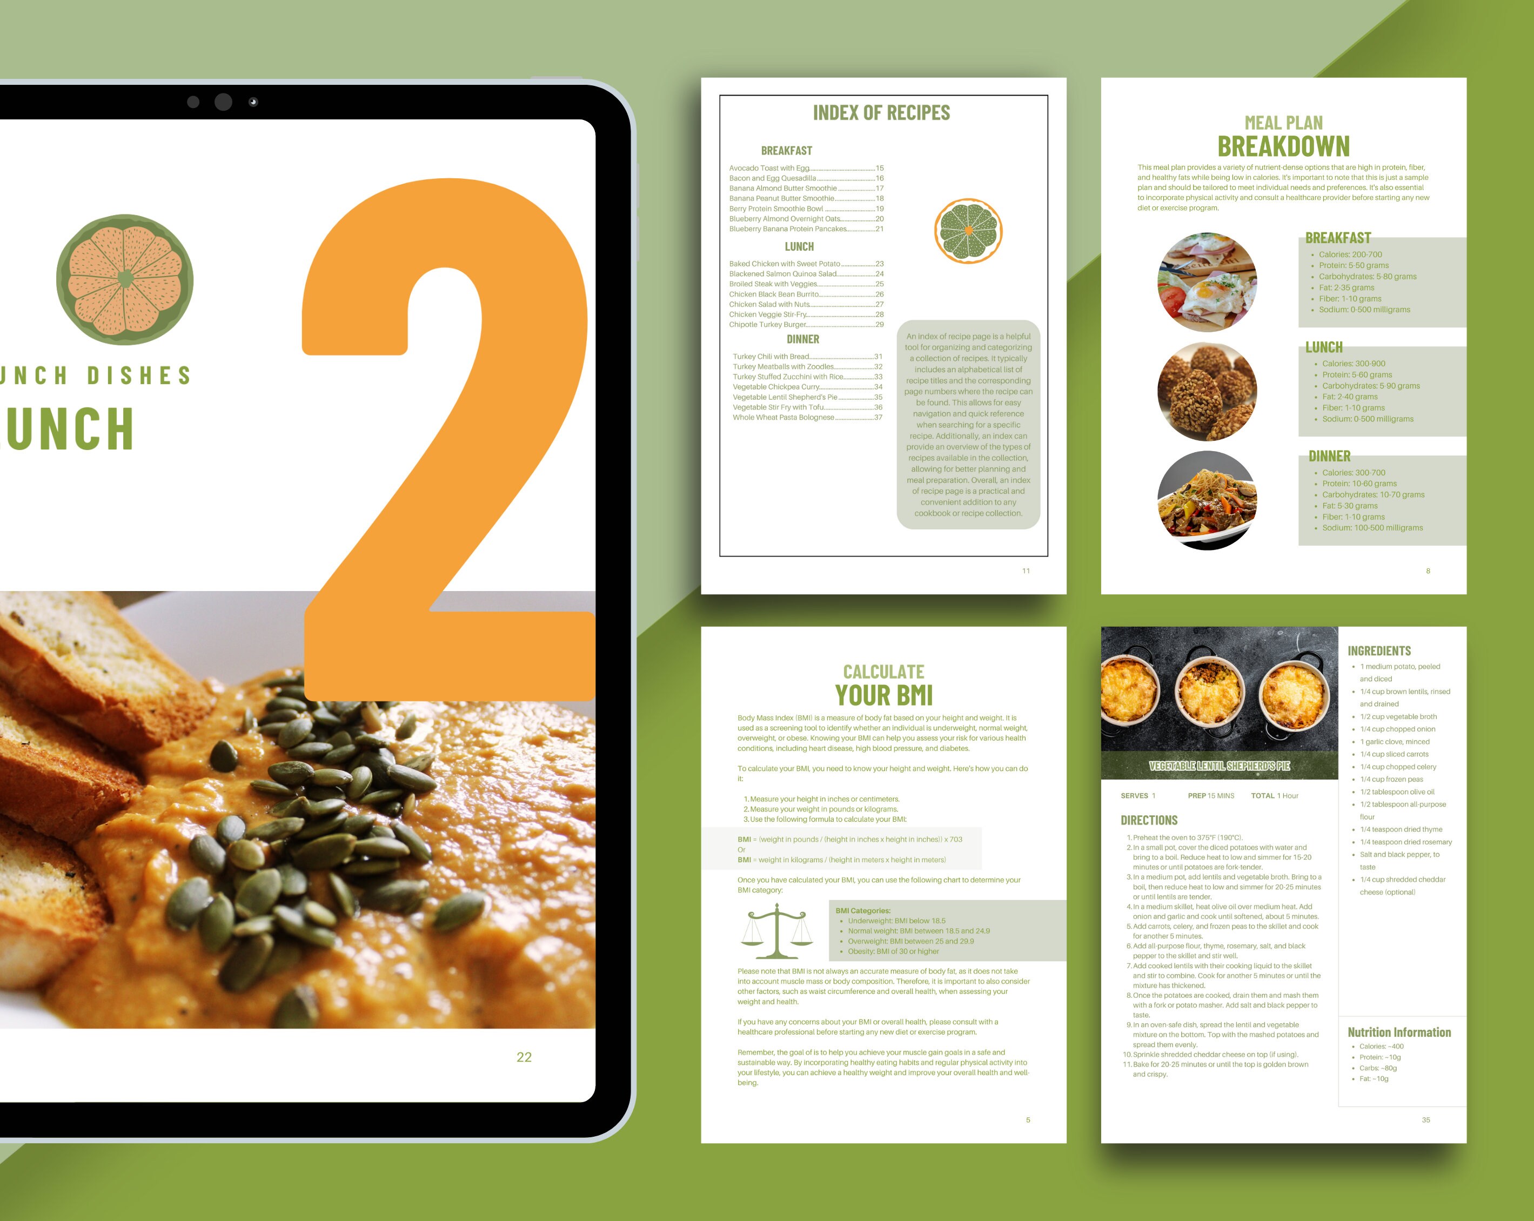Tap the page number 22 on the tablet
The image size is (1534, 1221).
click(x=524, y=1057)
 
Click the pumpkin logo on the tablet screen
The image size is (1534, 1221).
click(x=125, y=280)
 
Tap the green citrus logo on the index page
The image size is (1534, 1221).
click(x=968, y=231)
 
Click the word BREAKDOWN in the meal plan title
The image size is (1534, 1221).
click(x=1283, y=146)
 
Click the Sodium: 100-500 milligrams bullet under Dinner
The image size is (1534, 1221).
click(x=1372, y=528)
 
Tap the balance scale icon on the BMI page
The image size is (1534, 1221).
click(x=776, y=931)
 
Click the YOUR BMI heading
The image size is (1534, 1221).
click(x=883, y=695)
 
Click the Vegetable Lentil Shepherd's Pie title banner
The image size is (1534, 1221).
click(x=1219, y=766)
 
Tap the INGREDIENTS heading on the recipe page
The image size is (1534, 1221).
click(x=1378, y=650)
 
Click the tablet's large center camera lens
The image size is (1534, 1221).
click(x=223, y=102)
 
